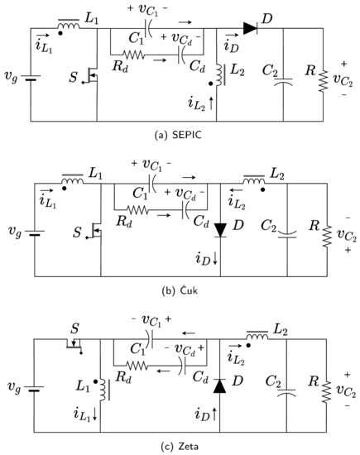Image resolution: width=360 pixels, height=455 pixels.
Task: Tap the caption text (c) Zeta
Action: pos(180,447)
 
